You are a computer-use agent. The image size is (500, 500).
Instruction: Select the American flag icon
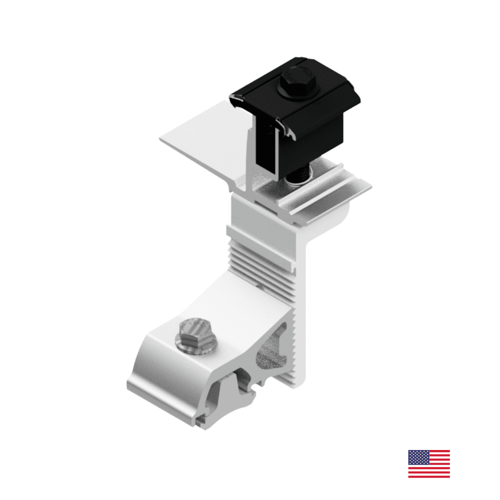coord(428,463)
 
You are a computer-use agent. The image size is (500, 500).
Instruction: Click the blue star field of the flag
coord(417,456)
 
